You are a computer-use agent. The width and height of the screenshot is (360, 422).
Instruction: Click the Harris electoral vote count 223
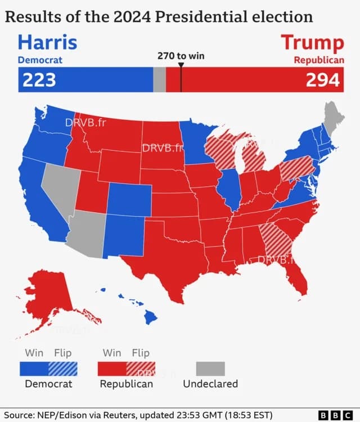pyautogui.click(x=39, y=80)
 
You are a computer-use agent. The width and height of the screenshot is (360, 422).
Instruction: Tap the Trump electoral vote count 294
pyautogui.click(x=323, y=80)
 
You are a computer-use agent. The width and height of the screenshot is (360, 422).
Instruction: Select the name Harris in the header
pyautogui.click(x=47, y=42)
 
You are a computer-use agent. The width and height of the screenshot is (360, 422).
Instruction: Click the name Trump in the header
pyautogui.click(x=312, y=42)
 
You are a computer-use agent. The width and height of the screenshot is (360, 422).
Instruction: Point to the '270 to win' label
pyautogui.click(x=181, y=57)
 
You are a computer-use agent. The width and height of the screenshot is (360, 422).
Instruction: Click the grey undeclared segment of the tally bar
pyautogui.click(x=159, y=80)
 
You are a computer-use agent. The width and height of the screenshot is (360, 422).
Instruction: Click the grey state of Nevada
pyautogui.click(x=60, y=186)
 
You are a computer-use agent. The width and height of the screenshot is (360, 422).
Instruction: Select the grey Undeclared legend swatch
pyautogui.click(x=210, y=369)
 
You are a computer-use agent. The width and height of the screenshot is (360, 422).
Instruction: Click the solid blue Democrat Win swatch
pyautogui.click(x=34, y=369)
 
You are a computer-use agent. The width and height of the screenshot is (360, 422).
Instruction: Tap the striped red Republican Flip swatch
pyautogui.click(x=141, y=369)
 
